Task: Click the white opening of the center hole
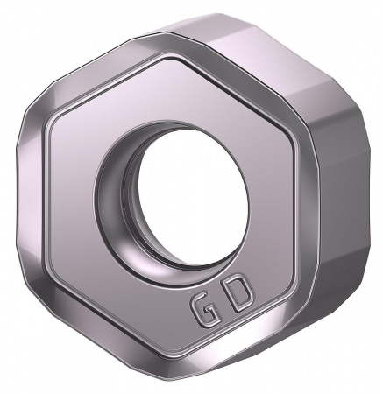click(x=188, y=193)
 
